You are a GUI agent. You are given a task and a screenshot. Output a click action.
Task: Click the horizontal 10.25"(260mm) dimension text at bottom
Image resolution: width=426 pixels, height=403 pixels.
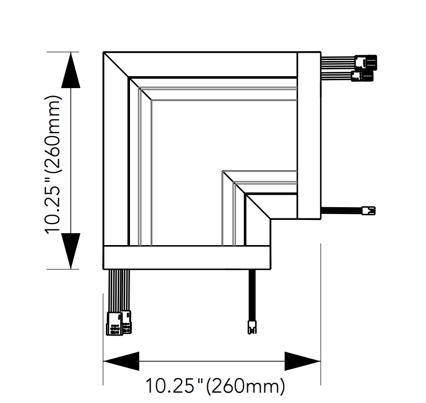tap(215, 386)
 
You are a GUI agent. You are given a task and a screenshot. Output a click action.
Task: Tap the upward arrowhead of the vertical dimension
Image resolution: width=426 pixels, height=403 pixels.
tap(70, 70)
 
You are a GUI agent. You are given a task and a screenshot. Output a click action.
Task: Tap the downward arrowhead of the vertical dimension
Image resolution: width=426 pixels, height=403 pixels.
tap(70, 251)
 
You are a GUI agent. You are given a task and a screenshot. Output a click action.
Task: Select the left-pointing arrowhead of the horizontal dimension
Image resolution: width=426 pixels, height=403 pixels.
tap(121, 361)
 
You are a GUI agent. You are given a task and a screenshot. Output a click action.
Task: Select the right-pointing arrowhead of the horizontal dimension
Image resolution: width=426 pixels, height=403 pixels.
tap(302, 361)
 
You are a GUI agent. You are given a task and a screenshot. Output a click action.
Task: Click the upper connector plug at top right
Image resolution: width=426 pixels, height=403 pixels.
tap(366, 62)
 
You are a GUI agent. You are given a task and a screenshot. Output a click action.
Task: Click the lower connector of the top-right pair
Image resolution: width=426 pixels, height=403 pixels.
tap(362, 76)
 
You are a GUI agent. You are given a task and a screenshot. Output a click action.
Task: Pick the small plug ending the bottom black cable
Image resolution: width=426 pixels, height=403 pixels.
tap(252, 327)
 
